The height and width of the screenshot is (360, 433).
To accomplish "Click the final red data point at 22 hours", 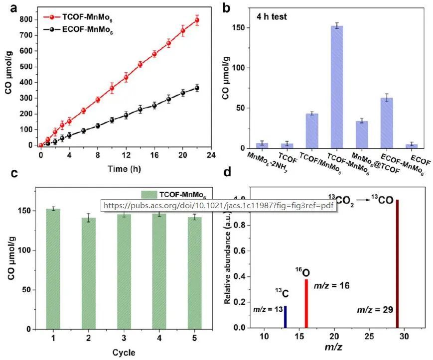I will pos(197,20).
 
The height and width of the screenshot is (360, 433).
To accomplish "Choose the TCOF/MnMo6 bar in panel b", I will pos(312,130).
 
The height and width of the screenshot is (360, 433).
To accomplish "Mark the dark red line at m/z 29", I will pos(397,264).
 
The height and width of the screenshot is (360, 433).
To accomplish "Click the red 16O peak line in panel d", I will pos(306,303).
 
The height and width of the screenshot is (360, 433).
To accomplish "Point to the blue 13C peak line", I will pos(285,317).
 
